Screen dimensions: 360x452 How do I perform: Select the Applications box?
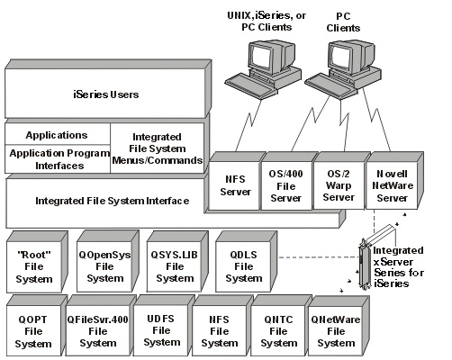56,135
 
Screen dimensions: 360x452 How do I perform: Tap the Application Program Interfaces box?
56,159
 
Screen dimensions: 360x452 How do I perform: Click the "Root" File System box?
33,261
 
